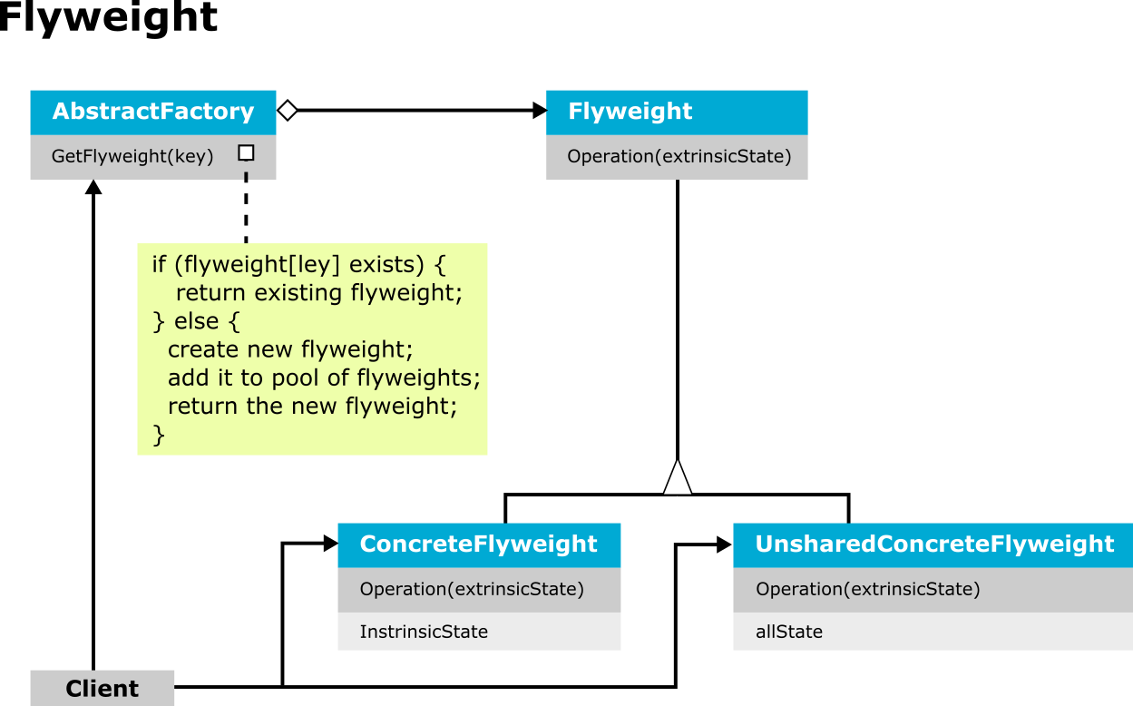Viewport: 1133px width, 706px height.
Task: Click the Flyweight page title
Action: tap(108, 18)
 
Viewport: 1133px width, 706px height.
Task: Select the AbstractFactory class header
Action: tap(153, 113)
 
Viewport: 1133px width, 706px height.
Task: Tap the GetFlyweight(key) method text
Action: tap(132, 156)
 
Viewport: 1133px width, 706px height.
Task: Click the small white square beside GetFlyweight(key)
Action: tap(247, 152)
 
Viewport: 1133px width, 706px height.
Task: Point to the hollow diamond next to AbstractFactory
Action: tap(288, 110)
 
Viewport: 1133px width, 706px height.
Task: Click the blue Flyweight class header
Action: tap(677, 113)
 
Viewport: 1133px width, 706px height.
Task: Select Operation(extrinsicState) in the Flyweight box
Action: tap(679, 156)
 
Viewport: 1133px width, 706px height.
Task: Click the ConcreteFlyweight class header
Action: tap(479, 545)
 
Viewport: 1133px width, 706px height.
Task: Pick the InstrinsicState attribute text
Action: tap(424, 632)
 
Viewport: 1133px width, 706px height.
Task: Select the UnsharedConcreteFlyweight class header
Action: tap(933, 545)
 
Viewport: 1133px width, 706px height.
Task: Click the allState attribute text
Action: tap(789, 632)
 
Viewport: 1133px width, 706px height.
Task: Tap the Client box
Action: tap(103, 688)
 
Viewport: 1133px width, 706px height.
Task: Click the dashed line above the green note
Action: tap(247, 208)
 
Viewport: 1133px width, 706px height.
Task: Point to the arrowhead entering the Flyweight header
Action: tap(540, 111)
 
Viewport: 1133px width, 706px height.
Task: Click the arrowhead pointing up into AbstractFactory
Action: tap(93, 187)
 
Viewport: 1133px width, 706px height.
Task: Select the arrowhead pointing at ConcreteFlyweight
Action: tap(331, 544)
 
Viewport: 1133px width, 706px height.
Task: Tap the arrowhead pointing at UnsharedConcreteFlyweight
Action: tap(724, 545)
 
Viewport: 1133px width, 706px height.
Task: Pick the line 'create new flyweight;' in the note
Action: tap(290, 350)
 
